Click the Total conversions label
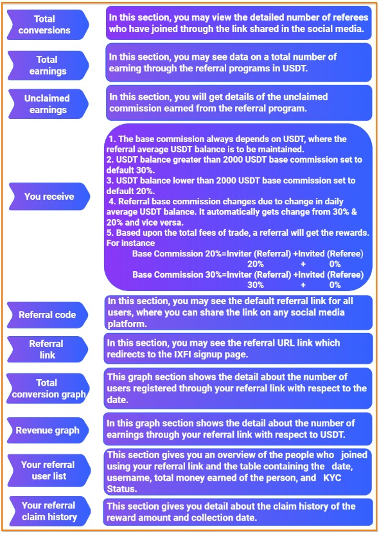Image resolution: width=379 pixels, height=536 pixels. (x=44, y=24)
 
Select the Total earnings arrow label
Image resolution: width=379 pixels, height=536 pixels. (x=48, y=66)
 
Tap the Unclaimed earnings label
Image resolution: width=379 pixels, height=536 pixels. (x=47, y=104)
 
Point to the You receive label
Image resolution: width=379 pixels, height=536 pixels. (x=49, y=197)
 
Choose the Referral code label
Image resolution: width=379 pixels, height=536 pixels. (x=47, y=315)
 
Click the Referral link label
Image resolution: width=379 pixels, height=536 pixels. (x=46, y=350)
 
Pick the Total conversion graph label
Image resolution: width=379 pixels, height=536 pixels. (x=48, y=389)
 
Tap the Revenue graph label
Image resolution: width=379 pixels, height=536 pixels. (x=48, y=431)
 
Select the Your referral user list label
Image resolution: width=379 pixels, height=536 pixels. (x=48, y=470)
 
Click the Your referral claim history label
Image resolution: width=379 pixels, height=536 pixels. (x=49, y=511)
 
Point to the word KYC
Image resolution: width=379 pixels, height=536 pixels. (x=332, y=478)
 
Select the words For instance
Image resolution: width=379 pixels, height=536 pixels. (x=130, y=244)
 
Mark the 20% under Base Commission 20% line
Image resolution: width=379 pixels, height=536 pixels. (x=256, y=264)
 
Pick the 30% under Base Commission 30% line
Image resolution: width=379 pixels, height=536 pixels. (x=256, y=285)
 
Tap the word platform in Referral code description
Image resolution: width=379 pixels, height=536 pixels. (x=127, y=324)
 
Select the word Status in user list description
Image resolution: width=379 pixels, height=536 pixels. (x=122, y=489)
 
